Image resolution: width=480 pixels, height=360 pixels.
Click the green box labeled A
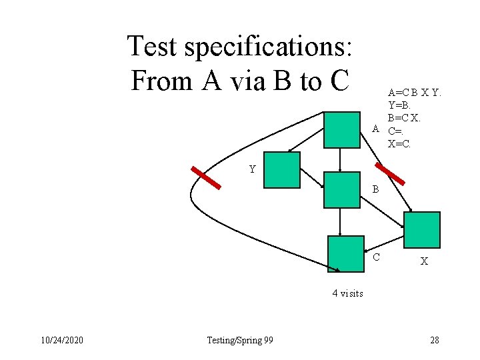[x=341, y=129]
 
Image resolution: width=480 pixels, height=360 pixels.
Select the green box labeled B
[x=341, y=190]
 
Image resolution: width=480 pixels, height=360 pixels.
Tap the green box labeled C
[x=346, y=253]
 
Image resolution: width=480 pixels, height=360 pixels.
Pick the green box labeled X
[x=422, y=230]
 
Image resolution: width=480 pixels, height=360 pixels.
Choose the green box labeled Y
[x=282, y=170]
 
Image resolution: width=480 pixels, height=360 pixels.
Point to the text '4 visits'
[x=347, y=293]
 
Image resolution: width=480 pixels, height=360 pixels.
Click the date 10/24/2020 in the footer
[x=61, y=341]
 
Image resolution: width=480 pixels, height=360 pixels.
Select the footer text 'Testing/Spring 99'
[x=240, y=341]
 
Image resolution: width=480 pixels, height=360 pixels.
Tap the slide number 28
[x=434, y=341]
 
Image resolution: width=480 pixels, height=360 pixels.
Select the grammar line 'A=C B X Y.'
[x=414, y=93]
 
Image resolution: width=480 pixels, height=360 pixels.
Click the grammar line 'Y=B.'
[x=399, y=105]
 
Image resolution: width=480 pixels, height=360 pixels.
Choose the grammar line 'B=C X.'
[x=404, y=117]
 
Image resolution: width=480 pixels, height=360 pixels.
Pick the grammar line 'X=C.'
[x=399, y=143]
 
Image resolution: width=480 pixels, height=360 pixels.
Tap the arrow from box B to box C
[x=341, y=222]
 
